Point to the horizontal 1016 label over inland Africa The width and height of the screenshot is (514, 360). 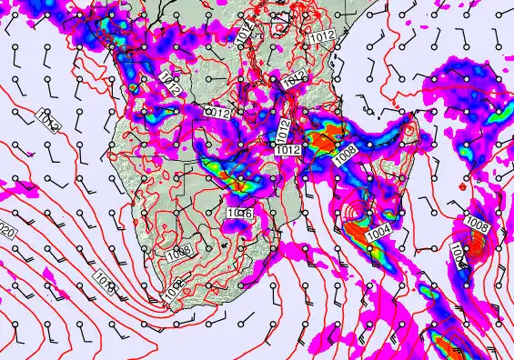(238, 212)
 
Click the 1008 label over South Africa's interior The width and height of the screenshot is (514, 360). (178, 255)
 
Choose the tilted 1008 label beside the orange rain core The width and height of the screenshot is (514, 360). (345, 154)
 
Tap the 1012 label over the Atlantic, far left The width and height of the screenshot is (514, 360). (47, 121)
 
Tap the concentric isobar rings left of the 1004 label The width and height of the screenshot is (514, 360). (354, 219)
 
